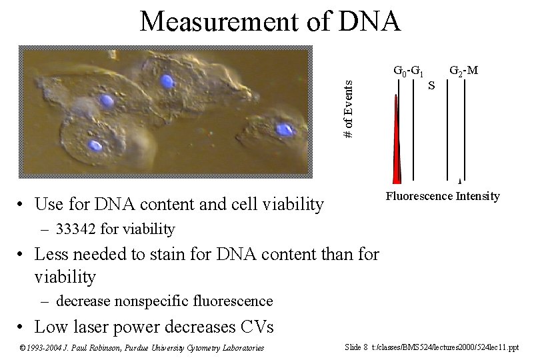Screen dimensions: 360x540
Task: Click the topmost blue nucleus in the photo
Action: tap(167, 81)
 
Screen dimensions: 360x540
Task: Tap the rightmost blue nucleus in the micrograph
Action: tap(285, 130)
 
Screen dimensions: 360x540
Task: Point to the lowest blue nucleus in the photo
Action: tap(96, 145)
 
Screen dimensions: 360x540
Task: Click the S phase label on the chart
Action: tap(431, 85)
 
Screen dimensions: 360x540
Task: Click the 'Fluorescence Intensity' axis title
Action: tap(443, 196)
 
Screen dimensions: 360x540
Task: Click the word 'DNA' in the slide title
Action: tap(369, 21)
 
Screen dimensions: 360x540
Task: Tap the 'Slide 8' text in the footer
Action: tap(356, 347)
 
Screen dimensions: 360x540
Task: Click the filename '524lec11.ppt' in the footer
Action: tap(495, 347)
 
